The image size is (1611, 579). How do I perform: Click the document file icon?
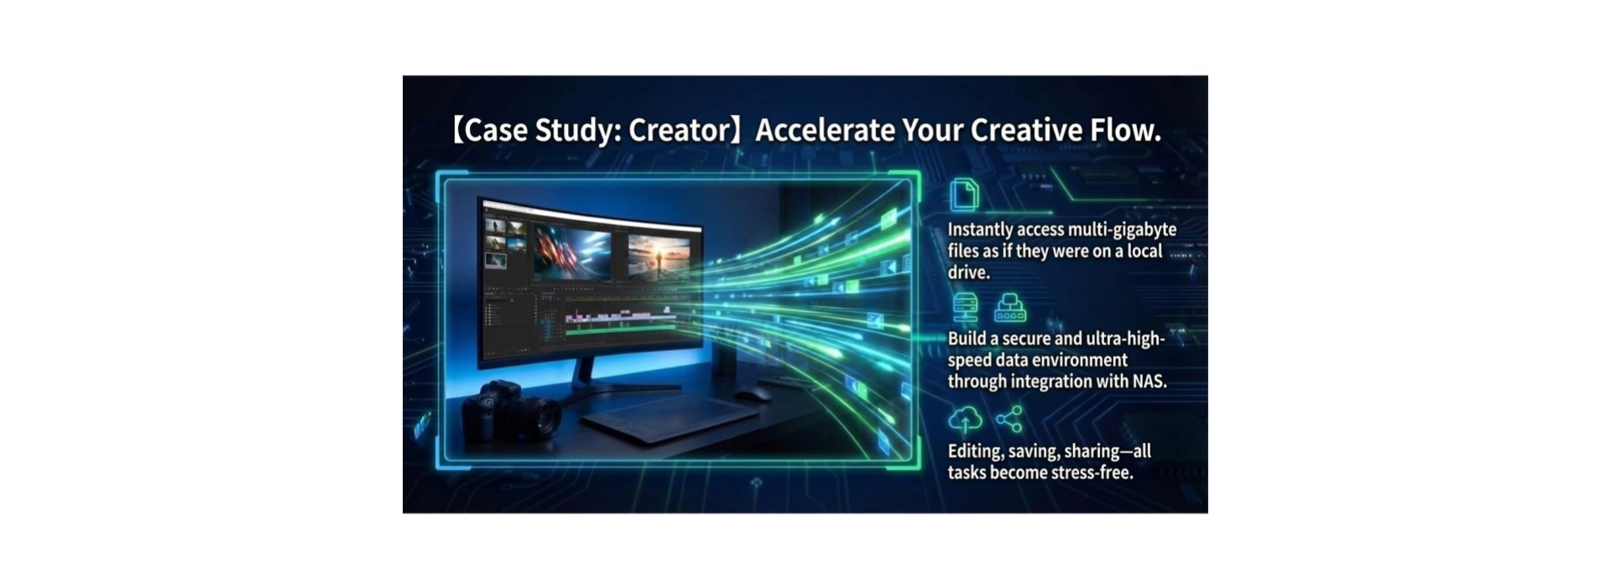click(964, 195)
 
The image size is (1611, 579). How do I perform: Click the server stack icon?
click(966, 307)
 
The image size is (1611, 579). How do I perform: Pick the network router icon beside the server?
click(1009, 308)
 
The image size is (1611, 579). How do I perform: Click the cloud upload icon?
click(965, 420)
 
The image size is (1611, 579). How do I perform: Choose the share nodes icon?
click(1009, 419)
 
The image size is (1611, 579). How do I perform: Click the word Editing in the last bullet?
click(975, 451)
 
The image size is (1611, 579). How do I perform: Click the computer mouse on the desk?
click(753, 394)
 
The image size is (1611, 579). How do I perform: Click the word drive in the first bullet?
click(968, 273)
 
